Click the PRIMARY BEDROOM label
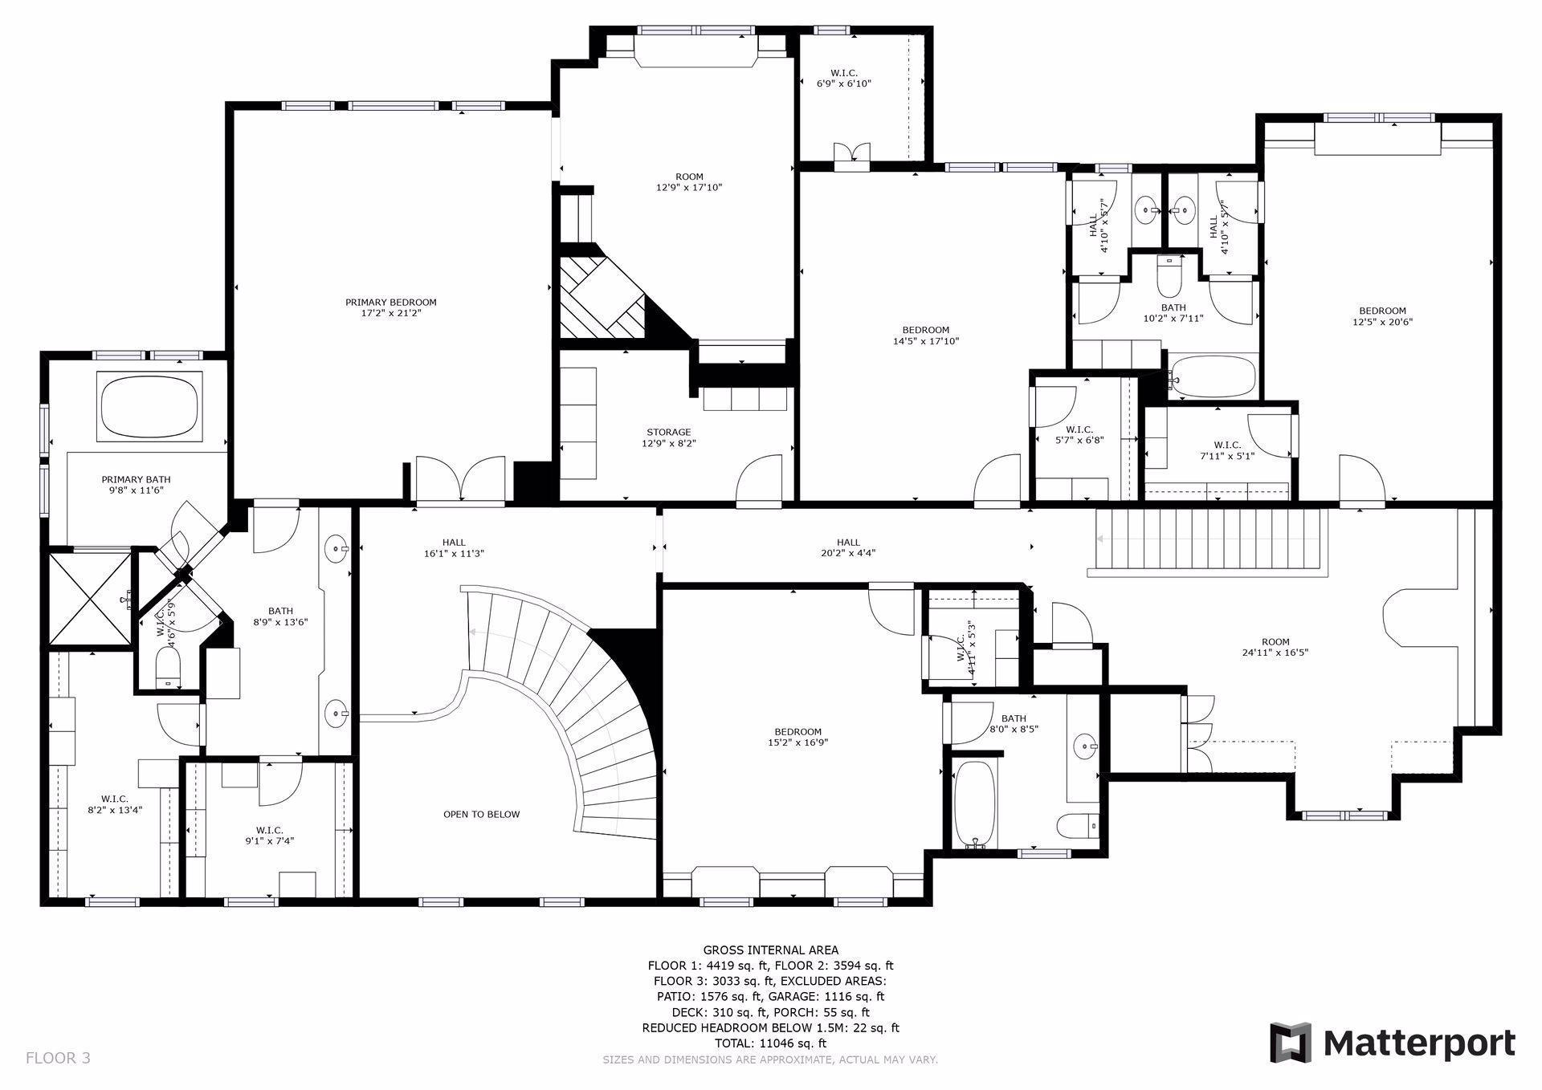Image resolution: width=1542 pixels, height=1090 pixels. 390,307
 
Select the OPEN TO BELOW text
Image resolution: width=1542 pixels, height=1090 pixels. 481,814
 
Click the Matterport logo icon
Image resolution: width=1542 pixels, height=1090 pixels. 1290,1043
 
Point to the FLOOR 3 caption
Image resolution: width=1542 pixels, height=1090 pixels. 58,1058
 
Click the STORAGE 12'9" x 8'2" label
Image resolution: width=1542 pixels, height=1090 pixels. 668,437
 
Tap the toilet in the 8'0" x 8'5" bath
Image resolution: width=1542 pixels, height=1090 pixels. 1077,826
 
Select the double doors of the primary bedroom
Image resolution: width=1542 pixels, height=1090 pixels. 460,480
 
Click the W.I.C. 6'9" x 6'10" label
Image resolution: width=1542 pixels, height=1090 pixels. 843,78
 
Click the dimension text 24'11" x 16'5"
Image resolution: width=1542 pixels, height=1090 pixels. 1275,653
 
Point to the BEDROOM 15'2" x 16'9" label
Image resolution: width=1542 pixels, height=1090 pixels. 798,737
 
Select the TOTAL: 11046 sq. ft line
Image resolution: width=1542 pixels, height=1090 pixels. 770,1043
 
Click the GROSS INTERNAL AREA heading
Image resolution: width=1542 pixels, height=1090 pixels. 770,950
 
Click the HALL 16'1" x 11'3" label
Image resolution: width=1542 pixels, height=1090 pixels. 453,547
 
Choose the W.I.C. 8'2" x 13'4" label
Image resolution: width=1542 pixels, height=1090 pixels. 115,803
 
